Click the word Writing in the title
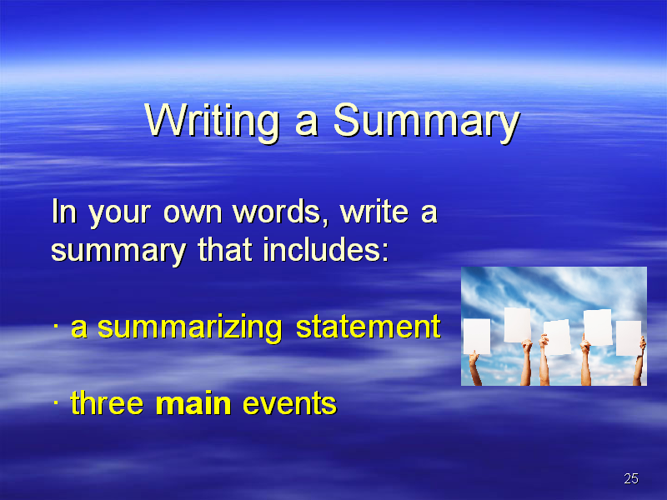(x=212, y=121)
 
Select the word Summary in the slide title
(x=427, y=121)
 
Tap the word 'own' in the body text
(x=193, y=212)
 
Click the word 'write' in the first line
(x=374, y=212)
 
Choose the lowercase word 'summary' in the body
(x=118, y=252)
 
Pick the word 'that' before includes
(x=225, y=249)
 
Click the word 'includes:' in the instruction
(x=326, y=249)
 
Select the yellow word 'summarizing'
(x=190, y=328)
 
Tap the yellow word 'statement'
(x=369, y=327)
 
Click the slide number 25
(x=631, y=478)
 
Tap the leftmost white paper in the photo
(x=476, y=337)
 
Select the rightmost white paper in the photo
(x=629, y=338)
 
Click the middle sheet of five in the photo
(x=557, y=337)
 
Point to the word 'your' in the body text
(x=119, y=214)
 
